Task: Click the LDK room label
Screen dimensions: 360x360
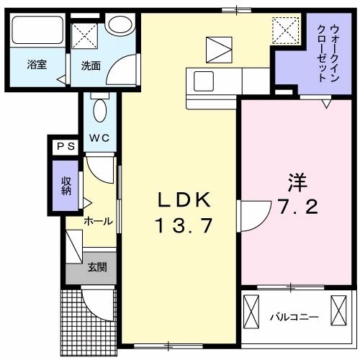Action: [183, 200]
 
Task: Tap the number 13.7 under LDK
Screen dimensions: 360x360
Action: [183, 227]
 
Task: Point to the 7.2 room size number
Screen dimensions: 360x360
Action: [297, 209]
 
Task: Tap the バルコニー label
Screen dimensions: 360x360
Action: [294, 316]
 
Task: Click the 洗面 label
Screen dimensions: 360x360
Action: [91, 66]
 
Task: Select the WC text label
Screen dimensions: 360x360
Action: [99, 138]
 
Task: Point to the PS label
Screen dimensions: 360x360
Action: [66, 146]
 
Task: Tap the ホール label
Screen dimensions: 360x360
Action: [97, 222]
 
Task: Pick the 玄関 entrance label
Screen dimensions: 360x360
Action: [98, 268]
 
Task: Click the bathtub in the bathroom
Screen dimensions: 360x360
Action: [37, 32]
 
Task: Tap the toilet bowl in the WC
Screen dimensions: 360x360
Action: [100, 110]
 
